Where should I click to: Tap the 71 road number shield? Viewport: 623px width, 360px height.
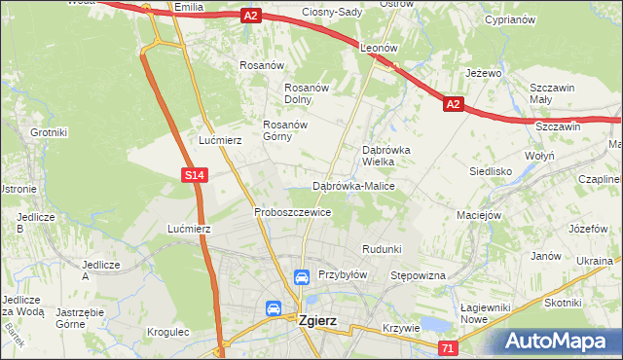(x=448, y=348)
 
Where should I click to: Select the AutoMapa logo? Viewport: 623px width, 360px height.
(x=561, y=341)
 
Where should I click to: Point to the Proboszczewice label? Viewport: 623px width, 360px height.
(x=292, y=212)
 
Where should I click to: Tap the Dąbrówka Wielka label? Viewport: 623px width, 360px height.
(x=386, y=157)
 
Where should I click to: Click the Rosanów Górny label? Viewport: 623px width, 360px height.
(x=285, y=131)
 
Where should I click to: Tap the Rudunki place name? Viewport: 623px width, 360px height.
(x=382, y=249)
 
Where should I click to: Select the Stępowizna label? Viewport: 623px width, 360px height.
(x=418, y=276)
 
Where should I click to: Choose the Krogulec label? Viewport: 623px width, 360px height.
(x=167, y=332)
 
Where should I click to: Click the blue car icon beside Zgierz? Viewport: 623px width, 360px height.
(x=275, y=309)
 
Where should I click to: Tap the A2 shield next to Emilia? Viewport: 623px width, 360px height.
(x=251, y=16)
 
